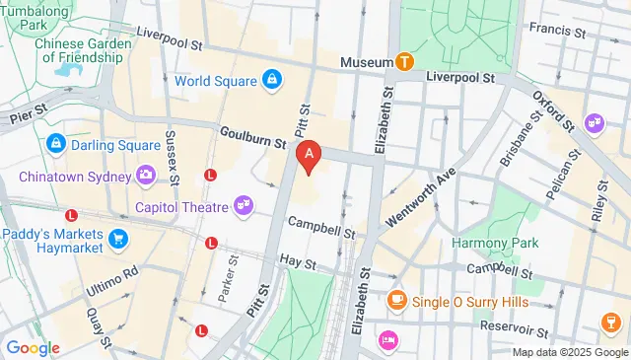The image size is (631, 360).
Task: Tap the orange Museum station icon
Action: pyautogui.click(x=404, y=62)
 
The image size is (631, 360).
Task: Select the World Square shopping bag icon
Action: pyautogui.click(x=271, y=79)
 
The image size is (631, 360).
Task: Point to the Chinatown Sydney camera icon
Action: pyautogui.click(x=146, y=177)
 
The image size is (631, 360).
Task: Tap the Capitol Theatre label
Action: pyautogui.click(x=180, y=207)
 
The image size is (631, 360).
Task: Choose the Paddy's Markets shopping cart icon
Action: pyautogui.click(x=119, y=239)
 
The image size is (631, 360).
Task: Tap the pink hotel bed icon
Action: pyautogui.click(x=388, y=339)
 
